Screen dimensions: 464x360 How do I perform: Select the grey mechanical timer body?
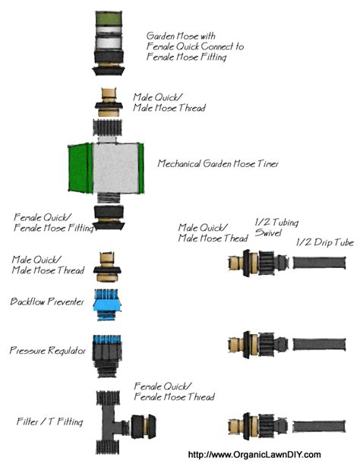(115, 169)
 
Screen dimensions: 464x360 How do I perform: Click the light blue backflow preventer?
(109, 301)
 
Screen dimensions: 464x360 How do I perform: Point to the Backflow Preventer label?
(46, 301)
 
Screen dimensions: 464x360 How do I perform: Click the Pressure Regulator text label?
(47, 351)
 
